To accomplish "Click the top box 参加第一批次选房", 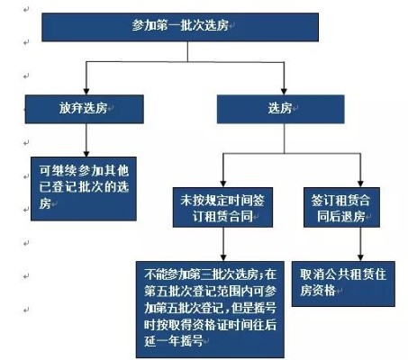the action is coord(180,27).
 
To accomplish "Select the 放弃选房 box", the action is coord(85,109).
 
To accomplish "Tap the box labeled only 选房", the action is coord(281,109).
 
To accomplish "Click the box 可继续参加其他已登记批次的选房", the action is coord(84,189).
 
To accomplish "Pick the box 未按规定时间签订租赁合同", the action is coord(222,207).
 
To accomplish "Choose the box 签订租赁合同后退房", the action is coord(341,207).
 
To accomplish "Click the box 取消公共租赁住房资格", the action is coord(343,283).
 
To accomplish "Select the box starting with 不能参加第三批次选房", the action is coord(210,310).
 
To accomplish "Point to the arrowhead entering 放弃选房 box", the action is coord(86,92).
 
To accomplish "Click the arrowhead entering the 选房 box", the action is coord(284,92).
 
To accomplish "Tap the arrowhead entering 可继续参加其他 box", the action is coord(86,154).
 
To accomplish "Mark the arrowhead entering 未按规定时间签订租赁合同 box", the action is coord(222,184).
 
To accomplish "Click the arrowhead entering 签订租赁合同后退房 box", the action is coord(360,184).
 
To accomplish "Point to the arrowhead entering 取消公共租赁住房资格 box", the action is coord(360,258).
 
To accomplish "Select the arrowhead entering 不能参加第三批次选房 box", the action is coord(222,257).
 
